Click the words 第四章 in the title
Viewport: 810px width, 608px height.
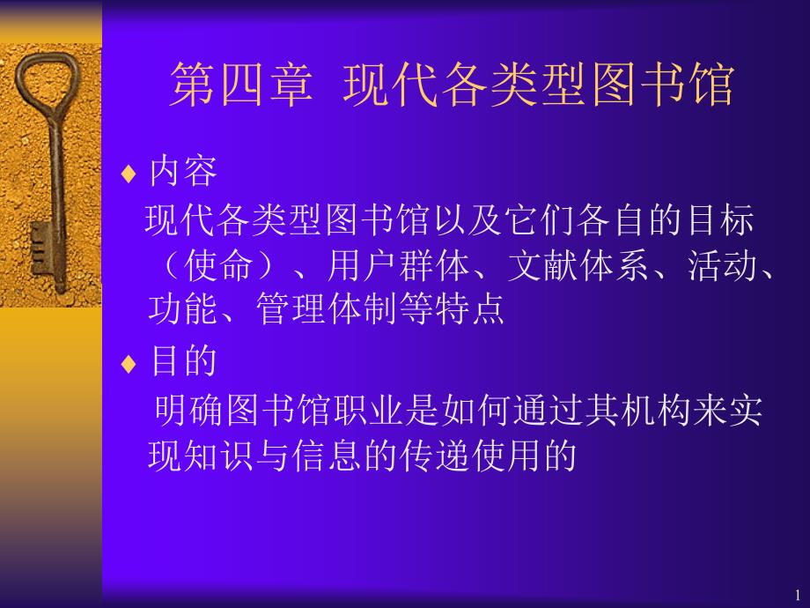click(241, 84)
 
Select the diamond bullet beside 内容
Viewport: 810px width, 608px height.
click(129, 174)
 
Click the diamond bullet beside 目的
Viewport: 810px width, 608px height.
click(129, 364)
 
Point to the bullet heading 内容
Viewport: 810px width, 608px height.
click(183, 171)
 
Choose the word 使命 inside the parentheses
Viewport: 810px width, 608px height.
click(218, 265)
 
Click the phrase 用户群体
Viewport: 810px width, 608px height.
click(398, 265)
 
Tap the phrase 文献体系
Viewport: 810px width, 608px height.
click(578, 265)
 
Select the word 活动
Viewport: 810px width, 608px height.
click(722, 265)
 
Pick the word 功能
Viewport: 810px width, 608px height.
click(183, 308)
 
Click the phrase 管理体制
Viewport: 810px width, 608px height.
click(328, 308)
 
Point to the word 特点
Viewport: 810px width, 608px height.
click(470, 308)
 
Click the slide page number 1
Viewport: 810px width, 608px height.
click(798, 595)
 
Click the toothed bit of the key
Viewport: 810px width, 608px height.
click(40, 248)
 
